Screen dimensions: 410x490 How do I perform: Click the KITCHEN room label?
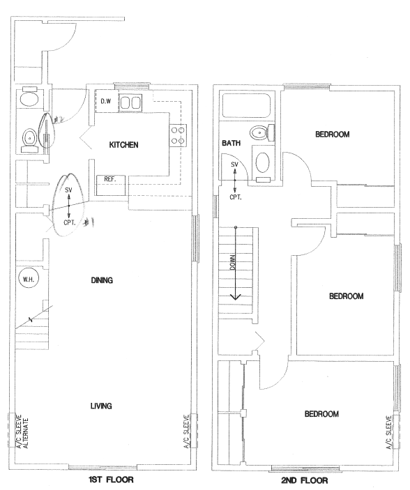tap(123, 145)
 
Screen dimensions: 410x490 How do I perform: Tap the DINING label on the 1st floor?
tap(102, 280)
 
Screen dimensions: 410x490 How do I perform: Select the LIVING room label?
tap(101, 406)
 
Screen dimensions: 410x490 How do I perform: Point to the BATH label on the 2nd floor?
tap(231, 143)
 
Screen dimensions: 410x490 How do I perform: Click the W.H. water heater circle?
tap(29, 279)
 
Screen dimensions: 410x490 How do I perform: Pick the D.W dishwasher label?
tap(106, 101)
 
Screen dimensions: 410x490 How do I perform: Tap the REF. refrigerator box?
tap(111, 185)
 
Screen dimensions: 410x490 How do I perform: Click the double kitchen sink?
tap(130, 103)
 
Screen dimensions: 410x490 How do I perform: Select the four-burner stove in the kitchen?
tap(179, 135)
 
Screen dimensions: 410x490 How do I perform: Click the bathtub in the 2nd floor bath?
tap(246, 106)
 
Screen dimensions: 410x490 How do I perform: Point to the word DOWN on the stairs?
tap(233, 261)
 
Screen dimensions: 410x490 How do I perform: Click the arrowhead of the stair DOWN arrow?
tap(236, 297)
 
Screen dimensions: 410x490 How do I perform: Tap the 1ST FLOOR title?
tap(111, 480)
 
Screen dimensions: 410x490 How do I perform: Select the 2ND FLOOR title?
tap(304, 480)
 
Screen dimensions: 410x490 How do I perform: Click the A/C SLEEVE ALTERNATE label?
tap(22, 431)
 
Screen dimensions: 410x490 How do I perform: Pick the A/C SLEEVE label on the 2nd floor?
tap(389, 432)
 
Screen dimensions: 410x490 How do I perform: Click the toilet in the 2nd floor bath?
tap(262, 133)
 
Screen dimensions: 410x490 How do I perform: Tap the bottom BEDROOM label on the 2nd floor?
tap(321, 414)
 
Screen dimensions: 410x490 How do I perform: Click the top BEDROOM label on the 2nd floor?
tap(333, 135)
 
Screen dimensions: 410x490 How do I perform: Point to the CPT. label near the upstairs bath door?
tap(236, 197)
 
